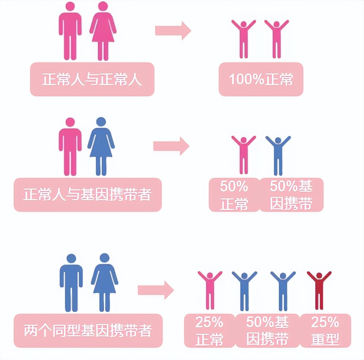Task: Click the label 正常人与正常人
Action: [92, 80]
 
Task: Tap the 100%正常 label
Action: [261, 80]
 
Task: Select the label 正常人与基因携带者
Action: [87, 195]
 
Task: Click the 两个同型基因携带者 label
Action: [88, 330]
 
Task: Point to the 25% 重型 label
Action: [325, 330]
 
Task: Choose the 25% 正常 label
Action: [209, 330]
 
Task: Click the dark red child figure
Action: [319, 289]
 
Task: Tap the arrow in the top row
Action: [173, 31]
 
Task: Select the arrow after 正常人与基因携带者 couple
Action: [171, 146]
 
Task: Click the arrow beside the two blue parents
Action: [156, 290]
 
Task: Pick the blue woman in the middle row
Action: [101, 146]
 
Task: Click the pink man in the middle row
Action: [70, 146]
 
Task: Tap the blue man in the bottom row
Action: [71, 282]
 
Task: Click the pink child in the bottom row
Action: [210, 289]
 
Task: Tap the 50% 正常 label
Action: [234, 195]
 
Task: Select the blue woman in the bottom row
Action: [105, 282]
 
